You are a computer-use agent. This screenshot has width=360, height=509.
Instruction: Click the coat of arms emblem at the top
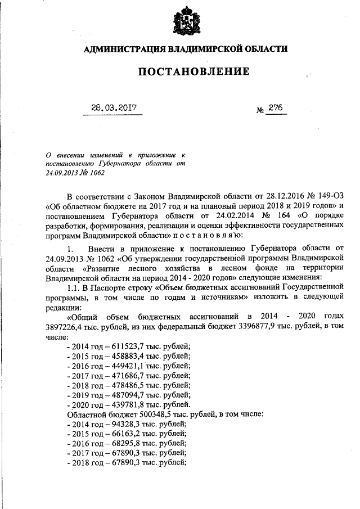tap(185, 22)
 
